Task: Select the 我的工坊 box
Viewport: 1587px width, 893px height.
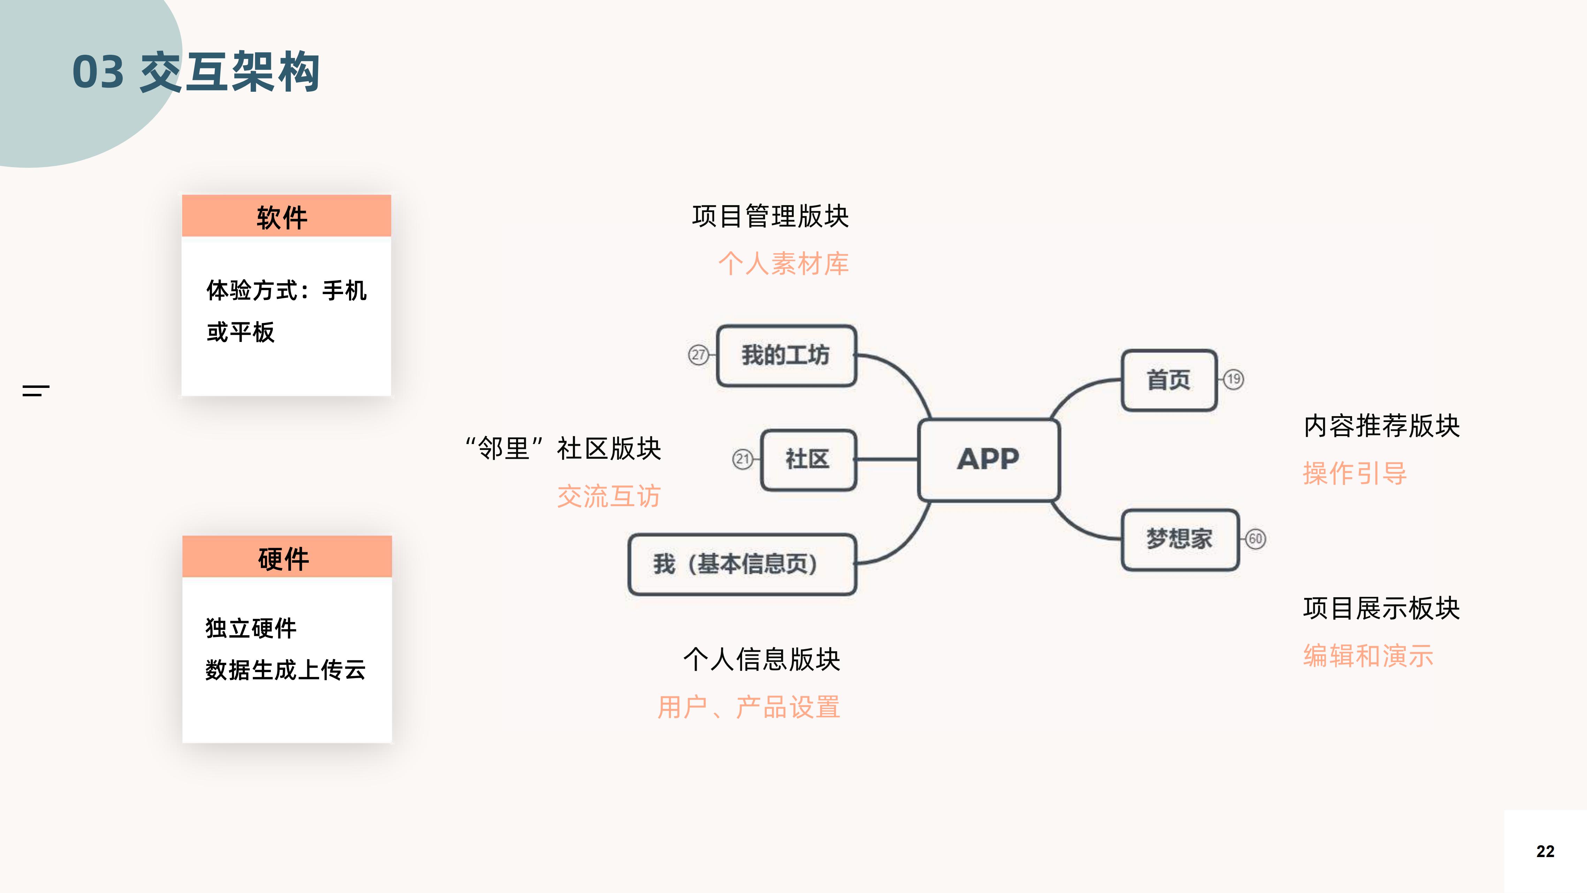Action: [x=786, y=355]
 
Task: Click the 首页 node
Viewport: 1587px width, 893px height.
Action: [x=1169, y=380]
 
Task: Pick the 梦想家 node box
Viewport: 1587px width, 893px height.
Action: [x=1179, y=539]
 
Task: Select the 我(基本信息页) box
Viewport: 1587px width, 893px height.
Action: [x=742, y=564]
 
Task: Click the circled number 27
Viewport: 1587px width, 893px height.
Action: [x=698, y=355]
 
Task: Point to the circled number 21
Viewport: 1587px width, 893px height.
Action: [x=742, y=459]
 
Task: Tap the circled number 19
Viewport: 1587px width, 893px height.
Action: [x=1233, y=379]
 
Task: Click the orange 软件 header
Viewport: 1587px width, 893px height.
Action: [x=287, y=216]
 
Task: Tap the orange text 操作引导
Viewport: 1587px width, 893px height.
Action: [x=1355, y=473]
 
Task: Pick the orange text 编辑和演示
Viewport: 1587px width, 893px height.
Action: [x=1368, y=656]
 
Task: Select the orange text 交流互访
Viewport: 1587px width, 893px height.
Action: [x=609, y=496]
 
